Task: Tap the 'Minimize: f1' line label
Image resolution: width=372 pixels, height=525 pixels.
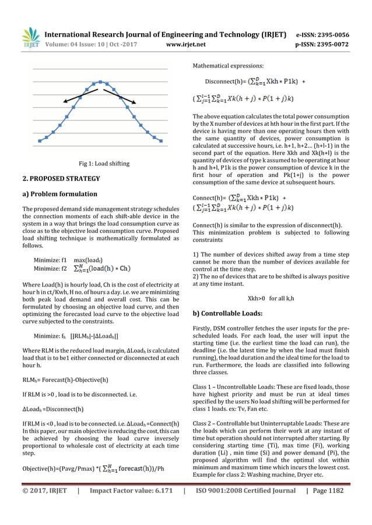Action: [50, 260]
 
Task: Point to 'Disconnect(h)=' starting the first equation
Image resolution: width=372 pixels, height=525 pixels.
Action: [225, 81]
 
